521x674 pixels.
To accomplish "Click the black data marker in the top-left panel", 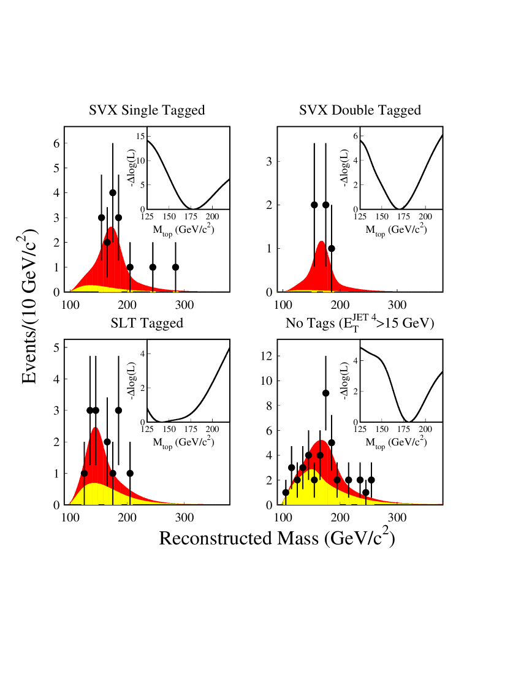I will point(107,242).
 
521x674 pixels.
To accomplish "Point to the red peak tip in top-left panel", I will point(111,227).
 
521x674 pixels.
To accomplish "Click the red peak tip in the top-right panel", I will point(321,241).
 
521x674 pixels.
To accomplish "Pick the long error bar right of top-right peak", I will point(332,279).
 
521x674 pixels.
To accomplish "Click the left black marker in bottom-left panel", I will point(84,473).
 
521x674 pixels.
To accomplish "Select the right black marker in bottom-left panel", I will point(113,472).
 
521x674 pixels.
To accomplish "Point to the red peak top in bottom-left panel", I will point(95,428).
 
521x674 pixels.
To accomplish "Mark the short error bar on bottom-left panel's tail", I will point(130,496).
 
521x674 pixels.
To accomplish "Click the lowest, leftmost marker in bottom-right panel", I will point(286,493).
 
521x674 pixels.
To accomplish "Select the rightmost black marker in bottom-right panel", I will point(337,480).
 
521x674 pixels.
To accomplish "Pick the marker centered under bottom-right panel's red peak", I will point(320,455).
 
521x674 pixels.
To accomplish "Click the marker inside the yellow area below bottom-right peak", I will point(314,480).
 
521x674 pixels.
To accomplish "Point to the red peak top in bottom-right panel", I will point(321,441).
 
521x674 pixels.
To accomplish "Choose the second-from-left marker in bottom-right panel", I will point(297,480).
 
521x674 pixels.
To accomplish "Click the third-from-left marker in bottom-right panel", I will point(303,468).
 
